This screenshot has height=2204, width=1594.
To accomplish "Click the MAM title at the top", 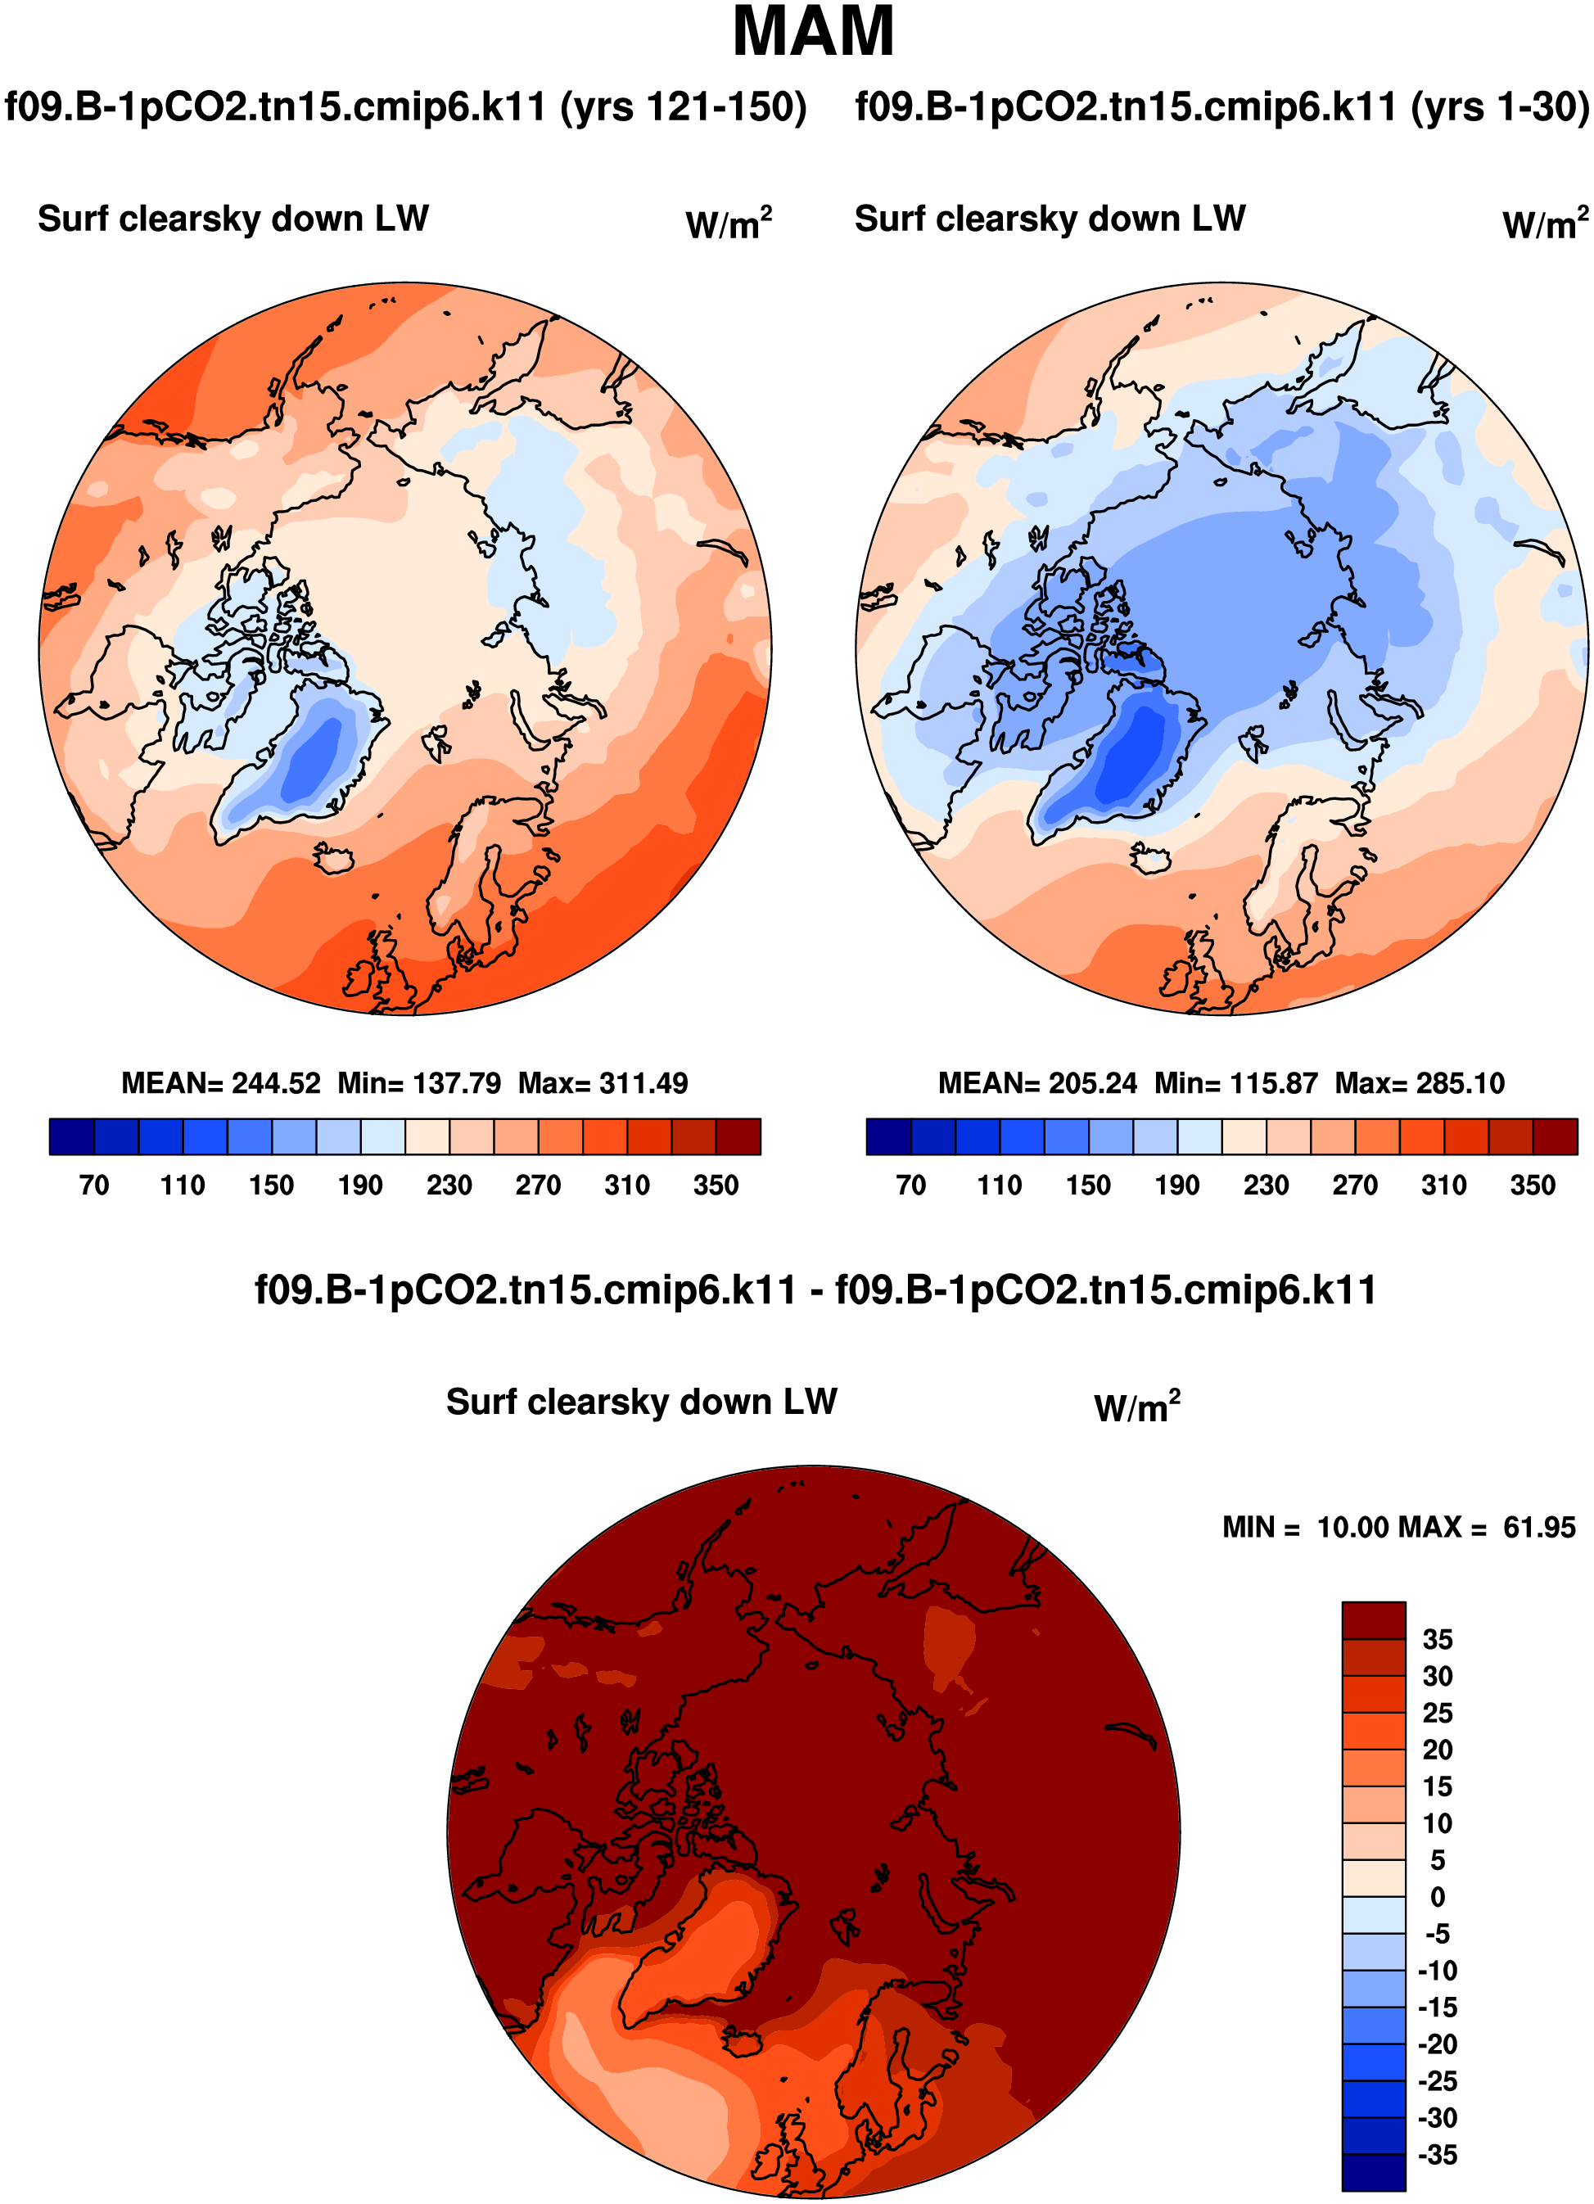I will click(x=812, y=33).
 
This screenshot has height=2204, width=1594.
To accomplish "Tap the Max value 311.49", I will click(x=644, y=1083).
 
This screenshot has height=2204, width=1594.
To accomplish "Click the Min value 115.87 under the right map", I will click(x=1276, y=1083).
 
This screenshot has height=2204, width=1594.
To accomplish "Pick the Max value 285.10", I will click(x=1461, y=1083).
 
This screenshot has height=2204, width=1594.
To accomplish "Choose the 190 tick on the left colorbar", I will click(x=359, y=1186).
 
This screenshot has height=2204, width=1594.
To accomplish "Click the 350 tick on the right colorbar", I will click(x=1533, y=1186).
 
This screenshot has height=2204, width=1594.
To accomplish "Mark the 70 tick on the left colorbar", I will click(x=94, y=1186).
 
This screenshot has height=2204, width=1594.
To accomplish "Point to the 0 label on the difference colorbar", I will click(x=1438, y=1897).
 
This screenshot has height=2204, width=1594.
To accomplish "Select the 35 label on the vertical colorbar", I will click(x=1438, y=1639).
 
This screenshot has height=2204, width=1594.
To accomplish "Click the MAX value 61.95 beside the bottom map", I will click(x=1540, y=1528).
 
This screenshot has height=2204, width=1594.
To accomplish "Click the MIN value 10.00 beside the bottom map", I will click(x=1353, y=1528).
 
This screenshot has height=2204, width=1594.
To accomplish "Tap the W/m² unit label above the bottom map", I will click(x=1136, y=1407).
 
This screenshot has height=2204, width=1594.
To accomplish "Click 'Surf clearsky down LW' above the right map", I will click(x=1050, y=219).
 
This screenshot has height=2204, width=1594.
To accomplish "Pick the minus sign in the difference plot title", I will click(x=816, y=1291).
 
